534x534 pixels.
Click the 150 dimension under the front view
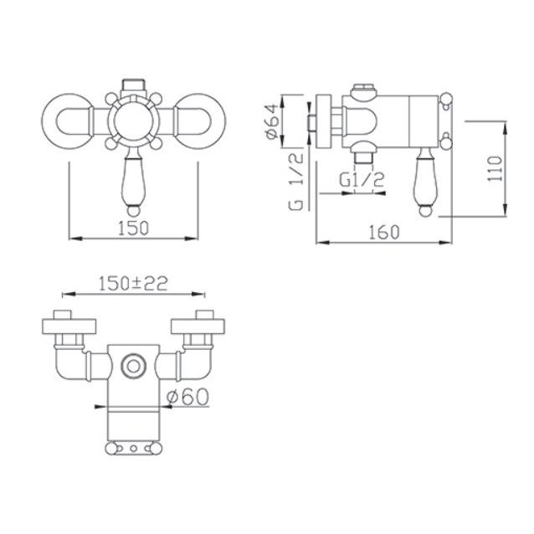[x=133, y=228]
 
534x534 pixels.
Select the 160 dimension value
[x=384, y=232]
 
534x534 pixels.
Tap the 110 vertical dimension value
[x=495, y=168]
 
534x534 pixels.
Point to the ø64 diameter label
[x=273, y=121]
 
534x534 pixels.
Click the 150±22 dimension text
[x=133, y=284]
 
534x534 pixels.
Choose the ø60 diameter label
[x=187, y=397]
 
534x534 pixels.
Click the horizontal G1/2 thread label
[x=362, y=180]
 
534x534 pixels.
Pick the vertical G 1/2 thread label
[x=295, y=182]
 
